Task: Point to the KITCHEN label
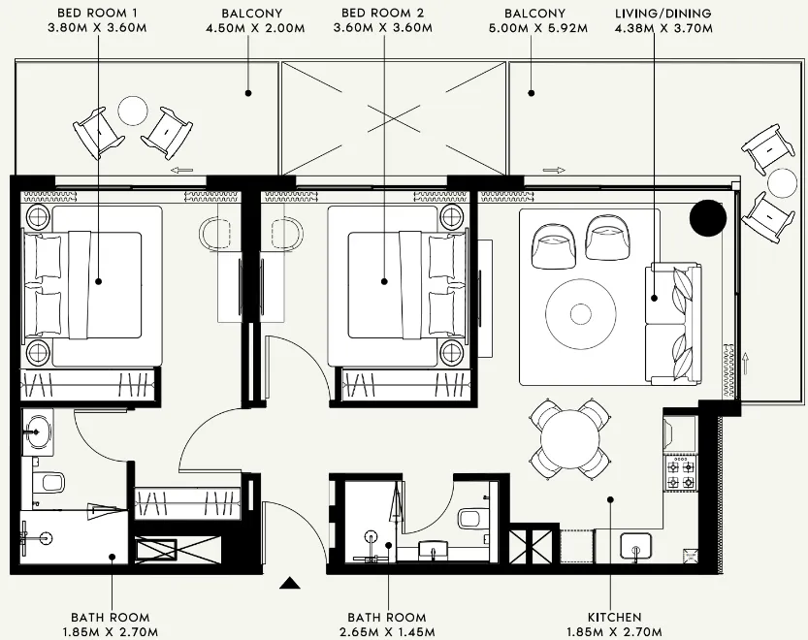614,617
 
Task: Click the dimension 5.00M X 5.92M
534,29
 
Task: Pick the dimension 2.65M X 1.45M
386,631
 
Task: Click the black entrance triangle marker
288,584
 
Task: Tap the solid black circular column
707,218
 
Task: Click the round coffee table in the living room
580,313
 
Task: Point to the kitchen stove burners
679,474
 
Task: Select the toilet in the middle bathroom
472,518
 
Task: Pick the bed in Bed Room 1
92,286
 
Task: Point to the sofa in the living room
673,324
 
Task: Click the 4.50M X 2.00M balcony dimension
251,29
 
